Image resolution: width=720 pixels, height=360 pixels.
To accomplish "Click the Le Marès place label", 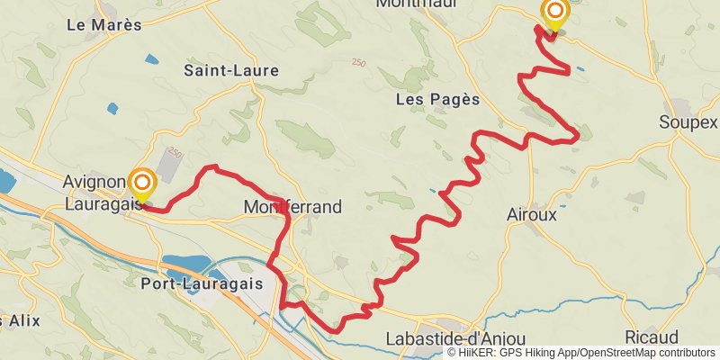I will [104, 25].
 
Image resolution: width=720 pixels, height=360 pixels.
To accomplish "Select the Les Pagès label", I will [437, 100].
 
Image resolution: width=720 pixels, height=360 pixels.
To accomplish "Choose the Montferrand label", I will [293, 208].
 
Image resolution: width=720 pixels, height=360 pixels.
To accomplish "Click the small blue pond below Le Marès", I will [112, 109].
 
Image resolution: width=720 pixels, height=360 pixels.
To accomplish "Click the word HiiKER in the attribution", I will [478, 353].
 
